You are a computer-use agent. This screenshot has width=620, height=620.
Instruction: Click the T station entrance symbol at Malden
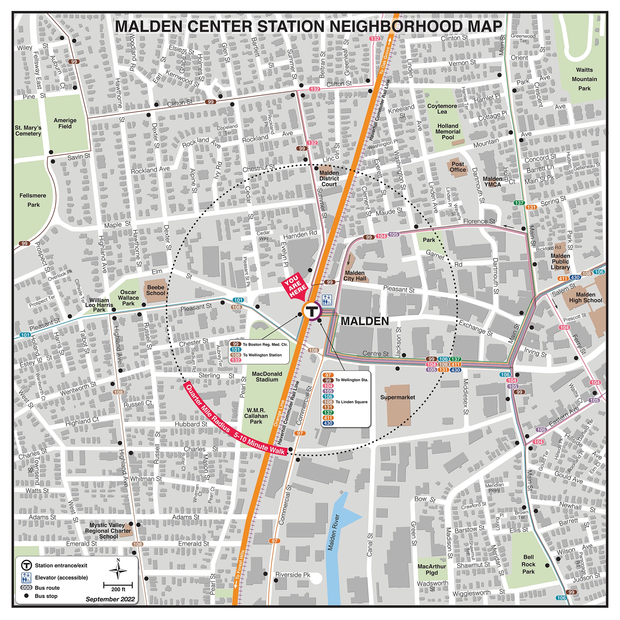coord(311,311)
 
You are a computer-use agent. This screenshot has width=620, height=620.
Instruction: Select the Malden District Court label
coord(329,179)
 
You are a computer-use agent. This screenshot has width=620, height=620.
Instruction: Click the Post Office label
coord(458,167)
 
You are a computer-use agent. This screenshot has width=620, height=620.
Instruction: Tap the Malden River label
coord(334,533)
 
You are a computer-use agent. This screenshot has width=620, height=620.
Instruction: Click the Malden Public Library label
coord(560,262)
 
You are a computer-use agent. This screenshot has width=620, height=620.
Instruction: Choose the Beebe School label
coord(156,290)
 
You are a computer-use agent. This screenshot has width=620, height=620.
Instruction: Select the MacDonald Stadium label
coord(267,377)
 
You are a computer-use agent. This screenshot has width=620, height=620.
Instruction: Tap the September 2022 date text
coord(110,599)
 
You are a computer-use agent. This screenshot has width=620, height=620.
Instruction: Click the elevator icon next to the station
coord(327,300)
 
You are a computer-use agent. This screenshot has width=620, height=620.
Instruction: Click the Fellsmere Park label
coord(33,200)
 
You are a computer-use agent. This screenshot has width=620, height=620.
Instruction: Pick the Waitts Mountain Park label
coord(584,79)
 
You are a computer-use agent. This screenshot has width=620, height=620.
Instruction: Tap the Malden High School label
coord(585,298)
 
